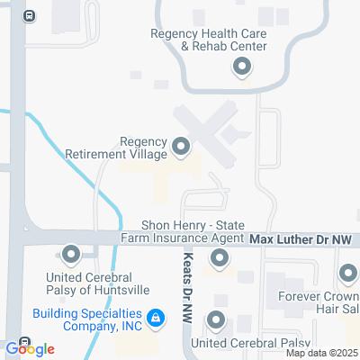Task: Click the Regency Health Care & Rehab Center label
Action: [x=209, y=40]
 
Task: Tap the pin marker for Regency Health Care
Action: [x=241, y=66]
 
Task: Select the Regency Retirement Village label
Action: [x=117, y=148]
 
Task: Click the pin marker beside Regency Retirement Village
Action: [x=181, y=146]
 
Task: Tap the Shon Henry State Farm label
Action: [x=193, y=231]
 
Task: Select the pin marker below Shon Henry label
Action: [x=219, y=260]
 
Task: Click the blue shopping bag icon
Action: [x=157, y=318]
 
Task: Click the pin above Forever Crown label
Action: [x=348, y=273]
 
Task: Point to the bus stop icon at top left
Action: [x=30, y=15]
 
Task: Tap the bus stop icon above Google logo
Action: [x=23, y=341]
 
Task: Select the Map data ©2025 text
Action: [x=322, y=352]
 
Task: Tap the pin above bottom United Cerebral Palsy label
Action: [x=215, y=319]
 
